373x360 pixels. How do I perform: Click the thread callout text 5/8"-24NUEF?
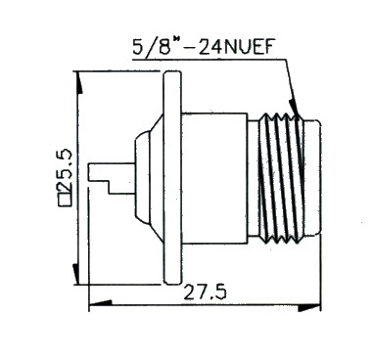[x=203, y=48]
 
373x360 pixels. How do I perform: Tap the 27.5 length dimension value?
[x=206, y=292]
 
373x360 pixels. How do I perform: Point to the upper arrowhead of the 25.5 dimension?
[x=79, y=83]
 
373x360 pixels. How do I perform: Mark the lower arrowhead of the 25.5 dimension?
[x=75, y=274]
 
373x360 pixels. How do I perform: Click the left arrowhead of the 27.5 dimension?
[x=101, y=303]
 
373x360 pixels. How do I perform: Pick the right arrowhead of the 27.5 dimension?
[x=309, y=308]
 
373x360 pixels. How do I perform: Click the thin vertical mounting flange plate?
[x=172, y=178]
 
